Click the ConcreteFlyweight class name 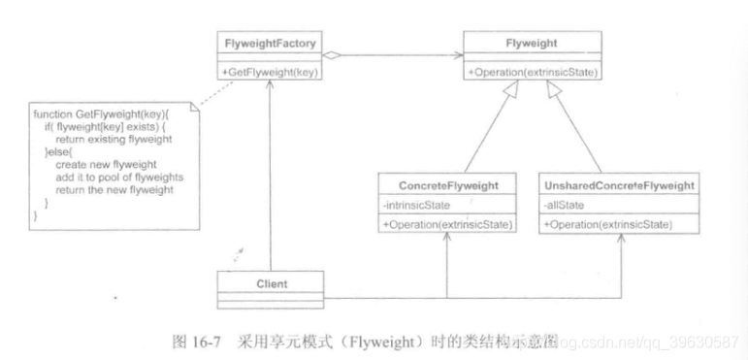[446, 184]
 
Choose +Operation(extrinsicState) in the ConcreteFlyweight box [446, 225]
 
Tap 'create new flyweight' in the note [100, 165]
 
